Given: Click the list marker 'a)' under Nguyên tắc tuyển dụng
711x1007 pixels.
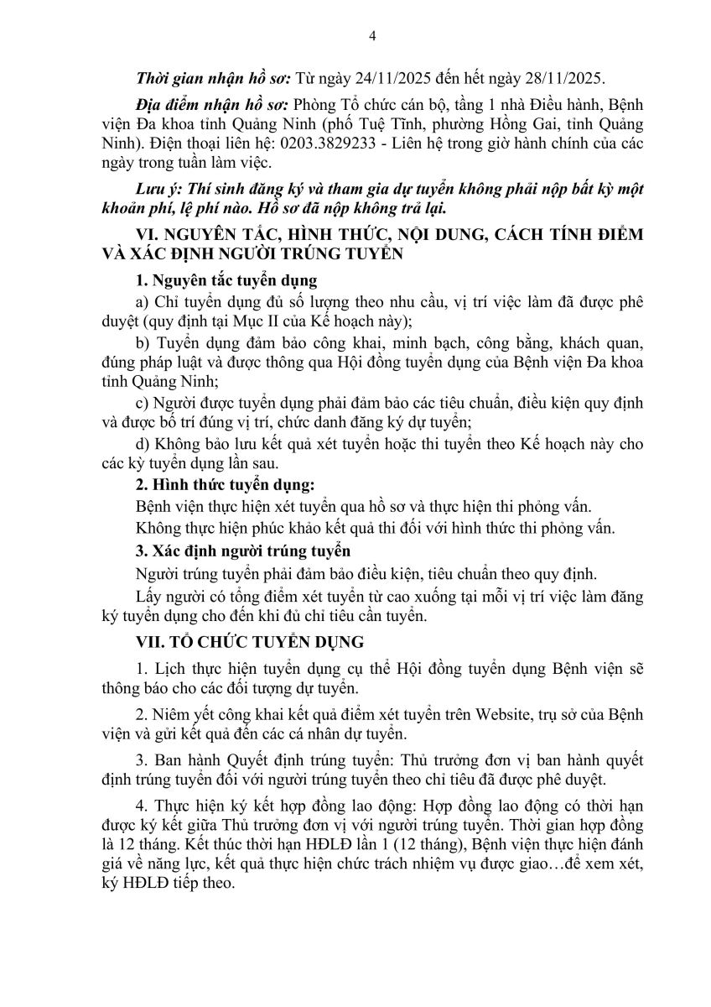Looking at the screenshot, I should tap(142, 302).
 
